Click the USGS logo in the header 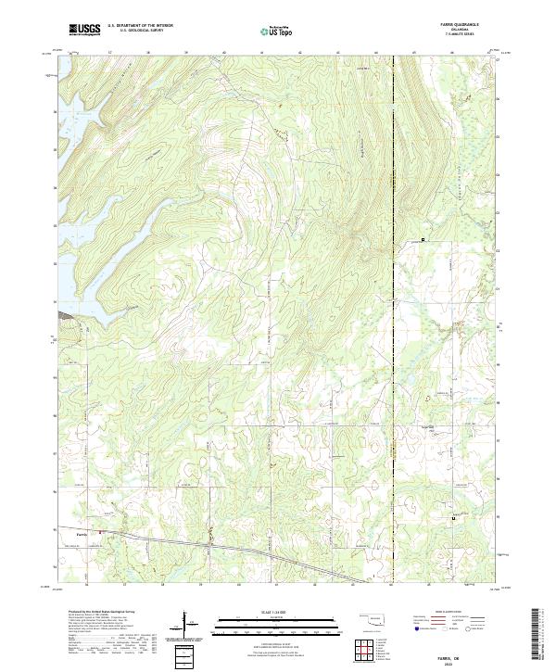click(x=84, y=30)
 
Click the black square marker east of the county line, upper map click(x=423, y=240)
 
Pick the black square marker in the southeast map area click(x=452, y=519)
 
